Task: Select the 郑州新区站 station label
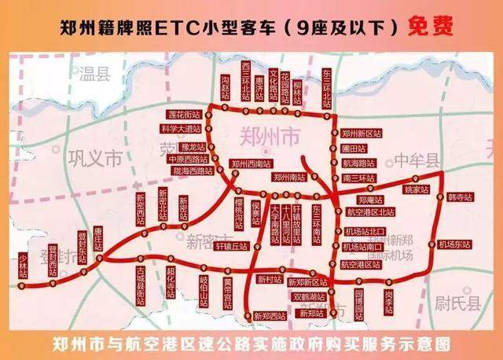tap(362, 134)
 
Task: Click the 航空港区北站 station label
tap(369, 212)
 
